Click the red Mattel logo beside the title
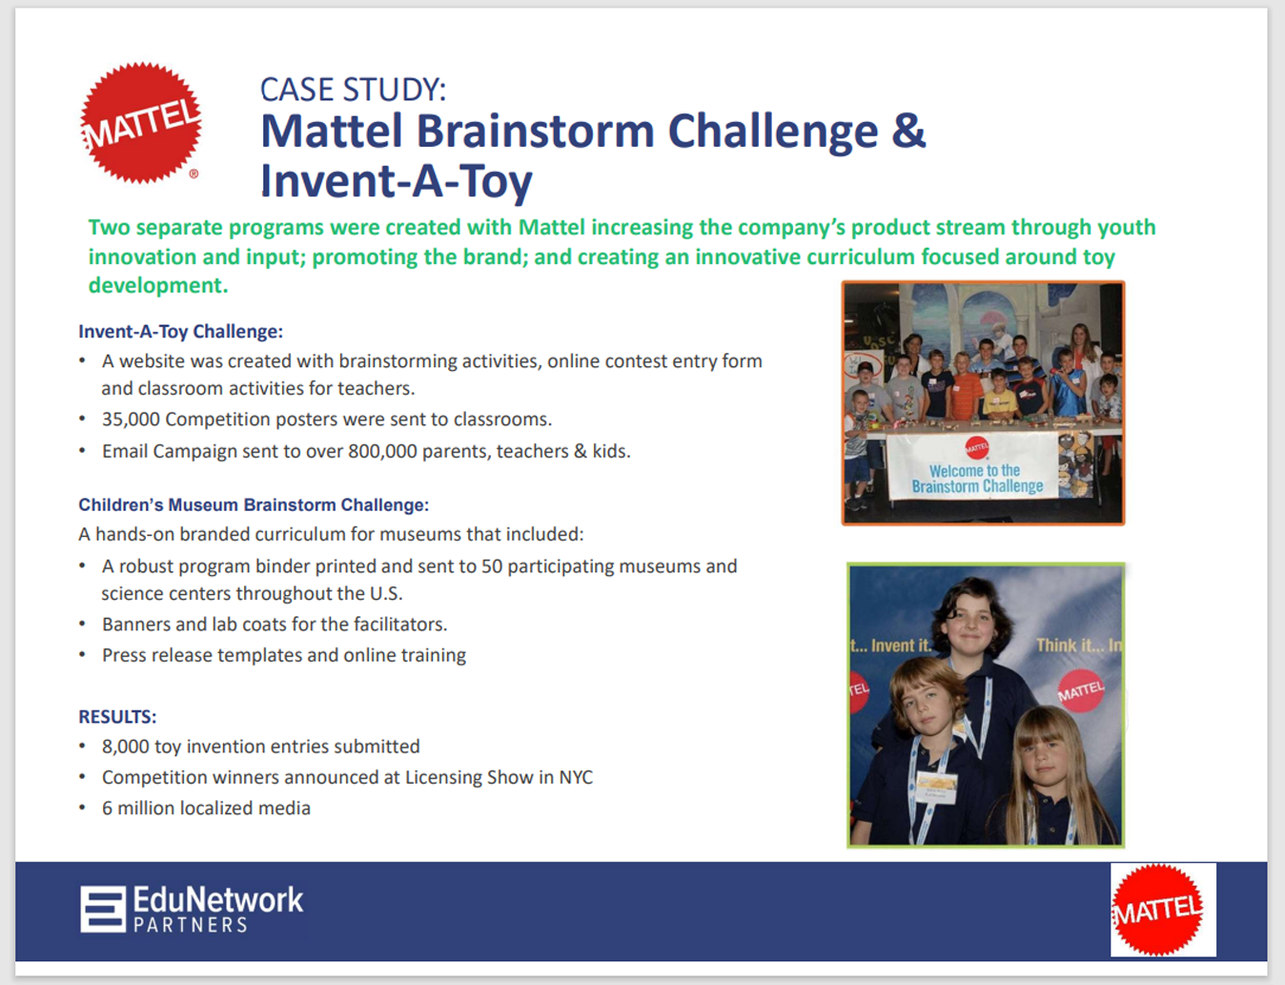141,123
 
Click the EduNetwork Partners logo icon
103,909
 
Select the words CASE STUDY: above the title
353,90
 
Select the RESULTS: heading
117,716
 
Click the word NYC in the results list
576,777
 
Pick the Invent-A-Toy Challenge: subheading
181,331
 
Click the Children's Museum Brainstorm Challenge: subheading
254,505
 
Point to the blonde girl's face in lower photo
1046,762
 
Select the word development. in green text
158,285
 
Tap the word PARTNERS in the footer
191,925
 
